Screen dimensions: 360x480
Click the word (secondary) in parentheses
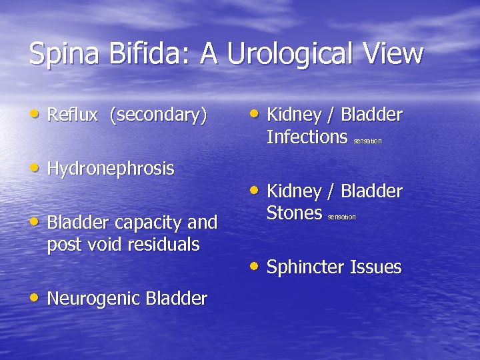[159, 115]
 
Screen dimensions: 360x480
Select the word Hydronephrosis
[111, 169]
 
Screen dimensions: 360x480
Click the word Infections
[307, 137]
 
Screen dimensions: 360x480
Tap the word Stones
[294, 213]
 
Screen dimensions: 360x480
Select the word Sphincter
[305, 268]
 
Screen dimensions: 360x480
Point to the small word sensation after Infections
[367, 141]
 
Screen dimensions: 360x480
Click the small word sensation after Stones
[341, 217]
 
